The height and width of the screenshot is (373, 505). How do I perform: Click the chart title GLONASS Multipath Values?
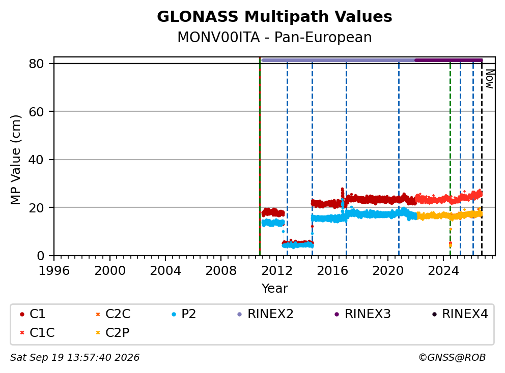pos(274,17)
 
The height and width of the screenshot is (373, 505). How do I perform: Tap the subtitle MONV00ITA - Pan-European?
pos(274,37)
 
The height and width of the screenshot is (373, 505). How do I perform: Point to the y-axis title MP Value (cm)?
pos(15,160)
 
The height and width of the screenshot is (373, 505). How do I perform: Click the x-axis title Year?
pos(274,289)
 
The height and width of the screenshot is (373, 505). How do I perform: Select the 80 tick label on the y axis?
pos(36,64)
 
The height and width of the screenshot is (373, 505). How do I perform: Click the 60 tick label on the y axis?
pos(36,112)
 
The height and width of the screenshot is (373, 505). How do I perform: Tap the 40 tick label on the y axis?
pos(36,160)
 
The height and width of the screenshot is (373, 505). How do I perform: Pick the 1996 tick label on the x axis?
pos(54,271)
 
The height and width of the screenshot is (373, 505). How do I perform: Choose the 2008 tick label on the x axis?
pos(221,271)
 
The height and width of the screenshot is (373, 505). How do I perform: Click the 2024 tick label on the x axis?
pos(443,271)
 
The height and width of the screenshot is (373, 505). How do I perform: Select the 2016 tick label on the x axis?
pos(332,271)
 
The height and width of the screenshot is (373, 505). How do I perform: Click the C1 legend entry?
pos(33,314)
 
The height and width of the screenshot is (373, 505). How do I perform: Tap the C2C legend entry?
pos(113,314)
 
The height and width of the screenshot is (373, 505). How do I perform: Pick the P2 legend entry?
pos(184,314)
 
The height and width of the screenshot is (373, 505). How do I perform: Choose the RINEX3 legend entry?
pos(362,314)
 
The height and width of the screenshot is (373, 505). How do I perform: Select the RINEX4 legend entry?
pos(460,314)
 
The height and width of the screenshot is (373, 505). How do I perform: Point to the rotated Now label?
pos(490,79)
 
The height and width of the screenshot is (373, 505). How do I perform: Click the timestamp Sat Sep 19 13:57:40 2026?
pos(75,358)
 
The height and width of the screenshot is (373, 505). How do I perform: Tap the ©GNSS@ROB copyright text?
pos(452,358)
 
